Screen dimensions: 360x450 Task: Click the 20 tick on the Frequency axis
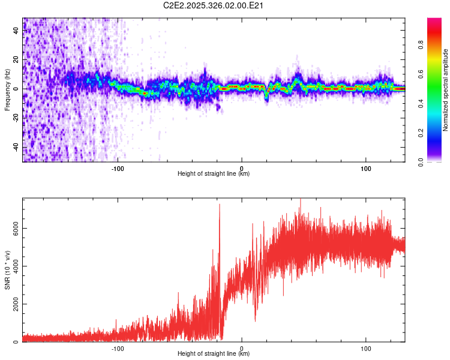16,60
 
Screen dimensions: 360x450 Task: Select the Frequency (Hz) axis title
7,89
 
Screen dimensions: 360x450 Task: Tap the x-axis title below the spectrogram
214,174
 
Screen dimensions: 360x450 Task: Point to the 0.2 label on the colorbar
438,133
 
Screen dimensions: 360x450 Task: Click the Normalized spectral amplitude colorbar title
446,89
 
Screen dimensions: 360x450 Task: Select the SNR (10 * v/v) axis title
7,269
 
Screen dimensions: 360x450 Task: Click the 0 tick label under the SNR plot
242,347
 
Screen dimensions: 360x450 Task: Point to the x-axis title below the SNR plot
214,355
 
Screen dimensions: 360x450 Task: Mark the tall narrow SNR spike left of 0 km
220,207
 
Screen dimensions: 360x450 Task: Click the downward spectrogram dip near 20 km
266,97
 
